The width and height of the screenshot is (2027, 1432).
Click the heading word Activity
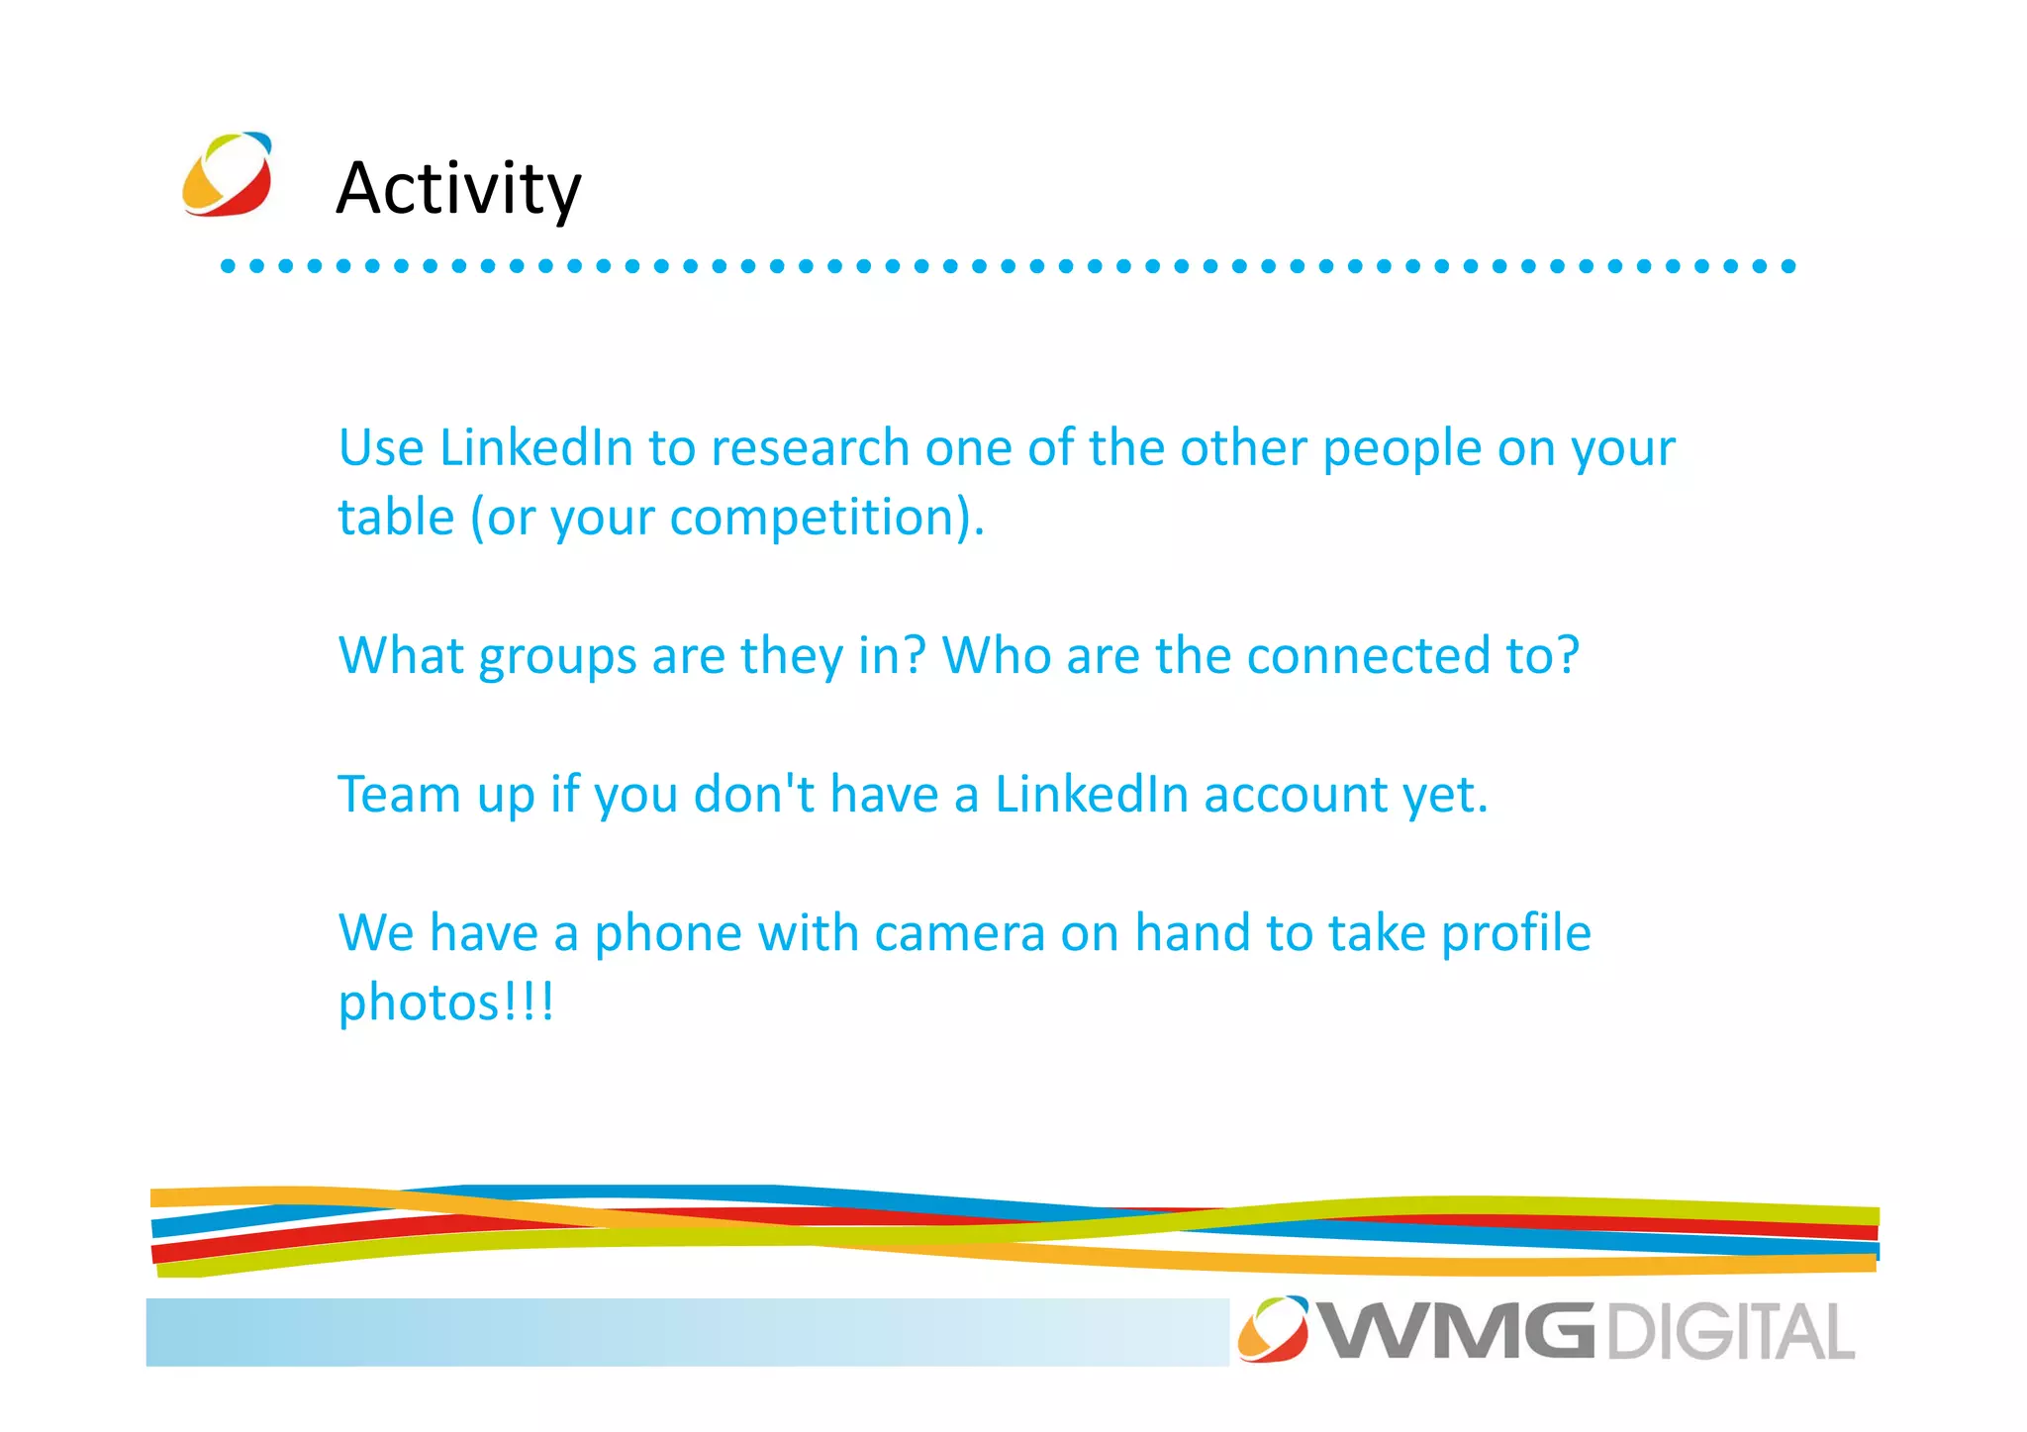tap(458, 188)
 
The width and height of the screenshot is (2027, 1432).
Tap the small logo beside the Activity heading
tap(227, 174)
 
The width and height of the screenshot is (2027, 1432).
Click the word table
tap(396, 517)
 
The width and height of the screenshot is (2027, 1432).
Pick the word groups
tap(557, 657)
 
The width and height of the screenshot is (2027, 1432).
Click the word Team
tap(399, 795)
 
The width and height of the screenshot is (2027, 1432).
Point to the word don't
tap(754, 795)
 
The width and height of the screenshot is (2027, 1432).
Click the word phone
tap(667, 934)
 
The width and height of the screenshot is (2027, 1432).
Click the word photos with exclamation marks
tap(446, 1003)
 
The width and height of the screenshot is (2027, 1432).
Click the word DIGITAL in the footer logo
tap(1730, 1332)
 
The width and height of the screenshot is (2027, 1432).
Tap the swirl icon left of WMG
tap(1273, 1328)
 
